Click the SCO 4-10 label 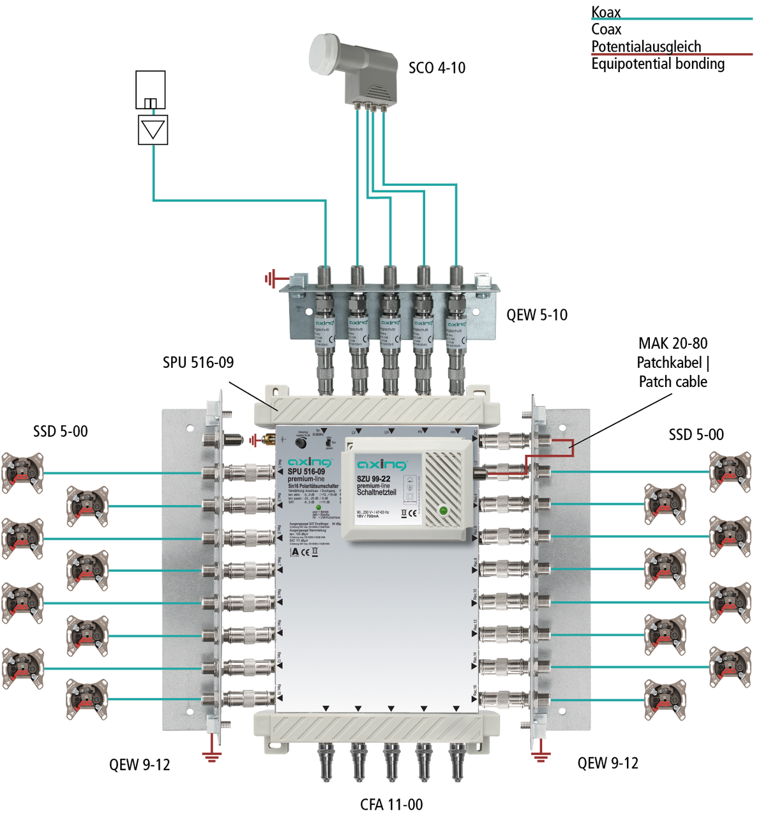pos(437,68)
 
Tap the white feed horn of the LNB pos(326,54)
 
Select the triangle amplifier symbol pos(153,130)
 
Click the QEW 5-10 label pos(536,315)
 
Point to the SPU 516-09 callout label pos(198,362)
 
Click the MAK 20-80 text pos(673,344)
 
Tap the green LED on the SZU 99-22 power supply pos(443,510)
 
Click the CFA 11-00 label pos(391,804)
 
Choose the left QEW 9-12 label pos(139,765)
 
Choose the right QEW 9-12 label pos(607,763)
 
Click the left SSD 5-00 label pos(61,432)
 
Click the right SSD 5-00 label pos(696,435)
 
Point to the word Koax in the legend pos(606,12)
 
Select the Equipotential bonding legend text pos(658,64)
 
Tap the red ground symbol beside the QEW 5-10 pos(271,278)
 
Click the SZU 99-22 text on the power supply pos(373,478)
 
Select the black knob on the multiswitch pos(300,442)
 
